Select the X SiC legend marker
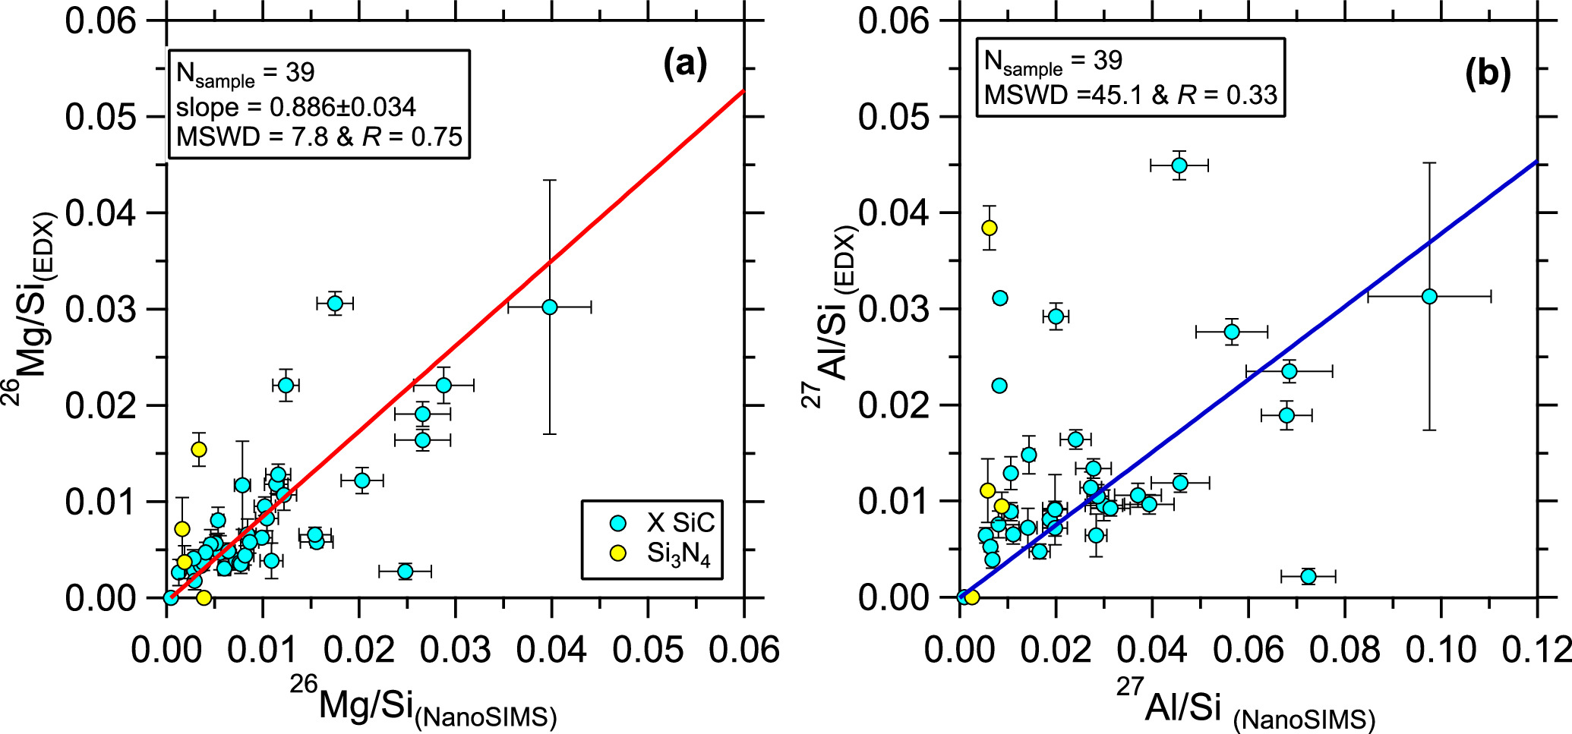pyautogui.click(x=618, y=523)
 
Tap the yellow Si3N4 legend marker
pyautogui.click(x=618, y=553)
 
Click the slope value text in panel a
pyautogui.click(x=296, y=107)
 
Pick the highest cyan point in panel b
pyautogui.click(x=1179, y=165)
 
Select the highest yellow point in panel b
pyautogui.click(x=989, y=228)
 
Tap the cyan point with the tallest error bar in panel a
pyautogui.click(x=550, y=307)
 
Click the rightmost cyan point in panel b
pyautogui.click(x=1429, y=296)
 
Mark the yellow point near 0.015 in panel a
pyautogui.click(x=199, y=449)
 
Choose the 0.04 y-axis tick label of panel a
pyautogui.click(x=100, y=213)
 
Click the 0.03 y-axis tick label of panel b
pyautogui.click(x=894, y=309)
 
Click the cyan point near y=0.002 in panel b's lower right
pyautogui.click(x=1308, y=576)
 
